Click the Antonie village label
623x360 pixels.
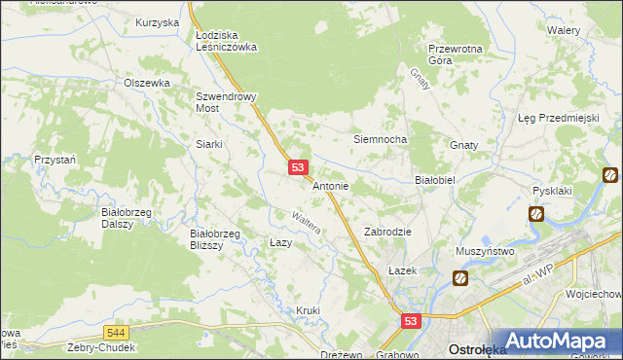tap(330, 185)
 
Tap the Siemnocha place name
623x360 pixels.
tap(379, 139)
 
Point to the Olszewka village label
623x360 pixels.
tap(147, 83)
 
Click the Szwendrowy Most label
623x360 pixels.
tap(226, 103)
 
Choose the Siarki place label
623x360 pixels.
tap(209, 144)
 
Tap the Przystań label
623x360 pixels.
tap(54, 159)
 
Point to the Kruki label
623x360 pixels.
tap(308, 310)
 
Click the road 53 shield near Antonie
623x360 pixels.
tap(299, 168)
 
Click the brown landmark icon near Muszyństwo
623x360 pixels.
tap(459, 278)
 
